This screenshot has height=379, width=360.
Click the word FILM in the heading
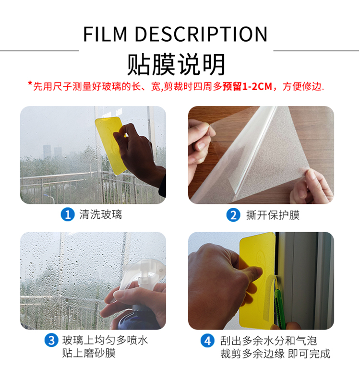pos(105,34)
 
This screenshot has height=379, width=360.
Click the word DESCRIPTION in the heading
pos(201,34)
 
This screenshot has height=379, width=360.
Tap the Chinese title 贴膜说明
pos(176,65)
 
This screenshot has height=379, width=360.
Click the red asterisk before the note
pos(30,83)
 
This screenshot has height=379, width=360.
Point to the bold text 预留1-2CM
pos(247,86)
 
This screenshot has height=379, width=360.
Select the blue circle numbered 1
pos(68,214)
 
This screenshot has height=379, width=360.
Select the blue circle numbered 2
pos(233,215)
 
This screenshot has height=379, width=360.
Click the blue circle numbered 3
pos(51,340)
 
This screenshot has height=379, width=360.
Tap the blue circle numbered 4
pos(207,341)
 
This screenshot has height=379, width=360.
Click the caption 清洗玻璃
pos(101,214)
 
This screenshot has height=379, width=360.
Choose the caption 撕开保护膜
pos(273,215)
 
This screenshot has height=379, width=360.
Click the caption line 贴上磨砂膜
pos(89,353)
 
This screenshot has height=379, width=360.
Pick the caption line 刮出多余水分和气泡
pos(268,341)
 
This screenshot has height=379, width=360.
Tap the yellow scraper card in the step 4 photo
pos(257,280)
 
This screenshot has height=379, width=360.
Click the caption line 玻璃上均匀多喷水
pos(105,340)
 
